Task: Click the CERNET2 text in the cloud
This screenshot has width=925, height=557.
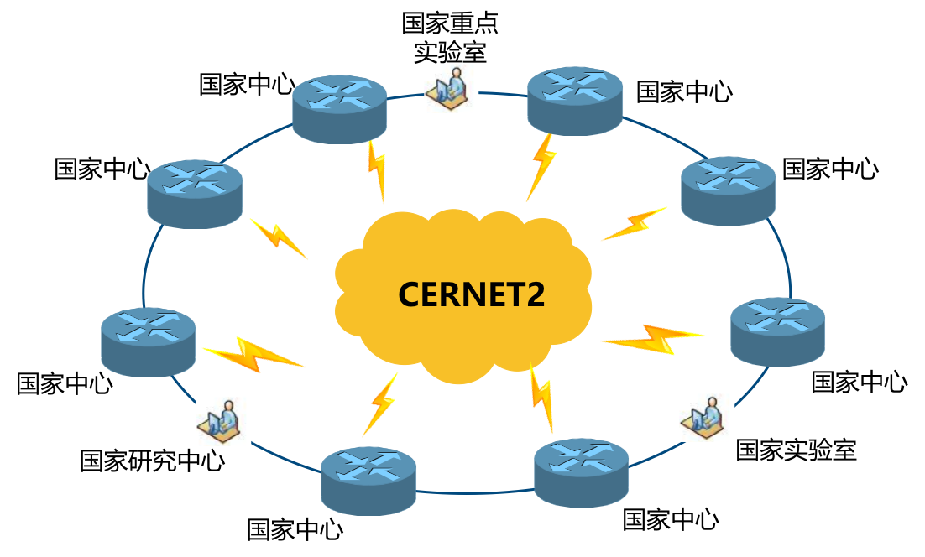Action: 471,294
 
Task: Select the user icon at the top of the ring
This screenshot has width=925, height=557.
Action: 451,88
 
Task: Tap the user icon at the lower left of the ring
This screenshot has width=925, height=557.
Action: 223,421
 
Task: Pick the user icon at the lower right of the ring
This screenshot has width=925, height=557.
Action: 707,417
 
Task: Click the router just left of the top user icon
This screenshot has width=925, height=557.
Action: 340,108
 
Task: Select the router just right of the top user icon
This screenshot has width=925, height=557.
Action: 575,100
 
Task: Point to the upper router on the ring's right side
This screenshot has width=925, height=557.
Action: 728,190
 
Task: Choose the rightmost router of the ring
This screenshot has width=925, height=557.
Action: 777,331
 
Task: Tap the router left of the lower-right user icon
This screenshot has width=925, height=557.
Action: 582,471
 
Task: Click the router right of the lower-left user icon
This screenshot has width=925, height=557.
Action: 368,480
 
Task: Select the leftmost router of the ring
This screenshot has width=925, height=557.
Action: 149,341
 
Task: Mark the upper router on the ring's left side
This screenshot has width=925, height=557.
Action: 195,193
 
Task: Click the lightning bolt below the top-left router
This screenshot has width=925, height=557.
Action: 377,171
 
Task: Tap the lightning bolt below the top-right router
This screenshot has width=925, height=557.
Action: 542,167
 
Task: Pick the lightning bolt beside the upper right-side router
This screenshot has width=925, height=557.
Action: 635,224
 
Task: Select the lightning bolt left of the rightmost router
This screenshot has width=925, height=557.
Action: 654,339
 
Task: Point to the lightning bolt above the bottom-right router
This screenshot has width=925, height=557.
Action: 541,398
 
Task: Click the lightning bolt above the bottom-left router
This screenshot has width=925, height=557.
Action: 380,404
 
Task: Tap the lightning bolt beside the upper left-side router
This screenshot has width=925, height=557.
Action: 279,237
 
